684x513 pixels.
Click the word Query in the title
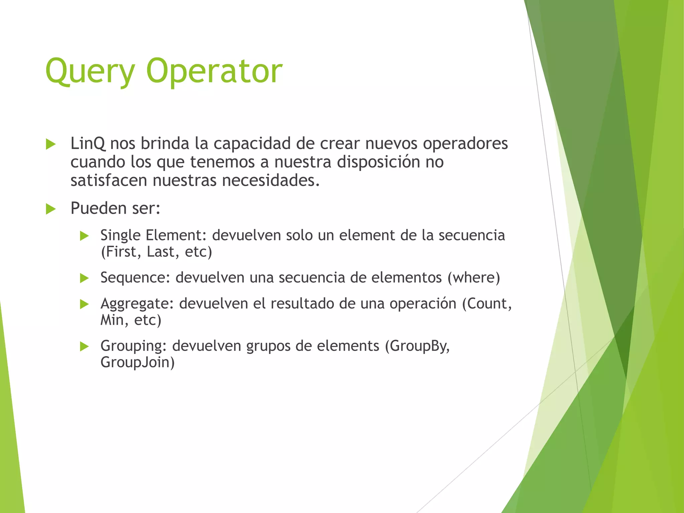[90, 71]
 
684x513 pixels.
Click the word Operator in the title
[214, 71]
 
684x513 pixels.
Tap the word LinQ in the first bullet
[88, 144]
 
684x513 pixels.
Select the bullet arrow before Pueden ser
[51, 209]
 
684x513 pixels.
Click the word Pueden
[99, 208]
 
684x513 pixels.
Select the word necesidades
[271, 181]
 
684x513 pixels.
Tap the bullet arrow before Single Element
[84, 236]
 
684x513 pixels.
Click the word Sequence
[135, 278]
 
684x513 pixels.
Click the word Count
[489, 304]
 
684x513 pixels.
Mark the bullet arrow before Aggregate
[84, 304]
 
